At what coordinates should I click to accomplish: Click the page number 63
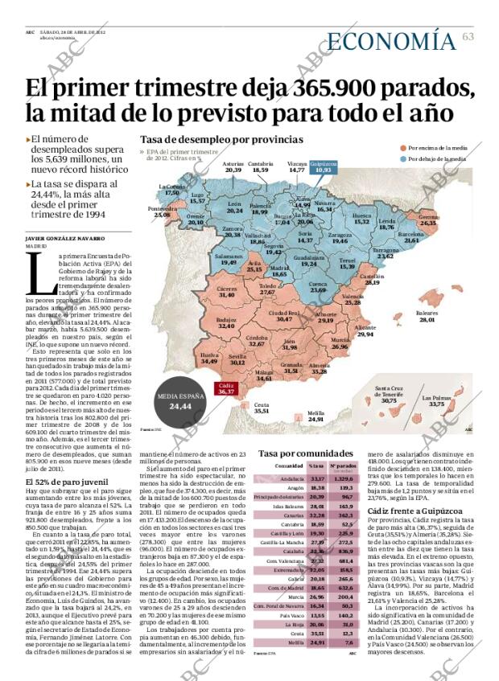(x=468, y=36)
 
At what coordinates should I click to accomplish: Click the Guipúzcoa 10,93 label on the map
(x=322, y=168)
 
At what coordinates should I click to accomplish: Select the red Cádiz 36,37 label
(x=225, y=388)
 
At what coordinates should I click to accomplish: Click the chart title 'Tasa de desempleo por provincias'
(x=210, y=140)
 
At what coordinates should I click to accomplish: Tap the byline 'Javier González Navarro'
(x=65, y=238)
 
